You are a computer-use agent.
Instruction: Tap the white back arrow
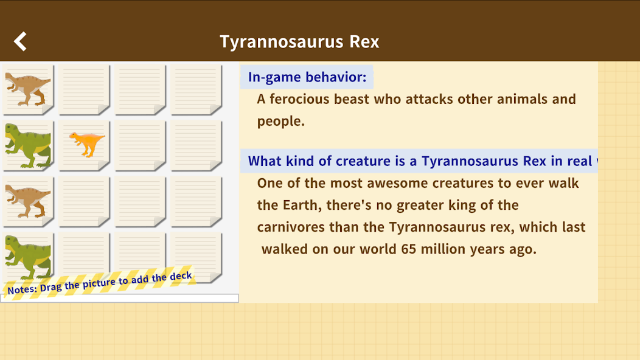21,41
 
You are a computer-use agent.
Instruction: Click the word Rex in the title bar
364,41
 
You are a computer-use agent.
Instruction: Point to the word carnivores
290,227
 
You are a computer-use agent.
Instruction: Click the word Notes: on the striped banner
22,290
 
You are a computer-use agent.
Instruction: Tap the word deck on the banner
181,277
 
